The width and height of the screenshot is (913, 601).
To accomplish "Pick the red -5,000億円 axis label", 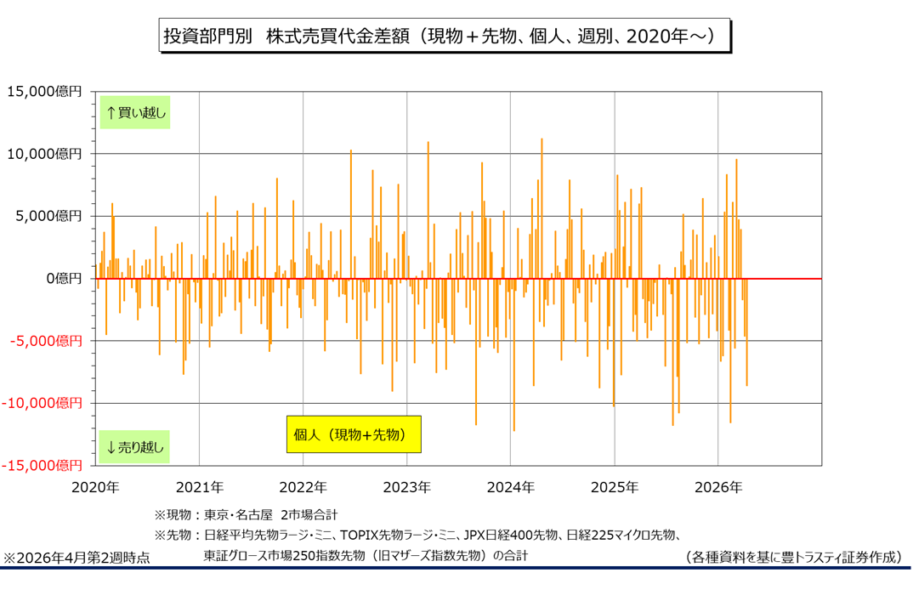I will point(44,341).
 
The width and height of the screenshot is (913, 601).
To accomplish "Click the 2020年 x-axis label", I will point(95,487).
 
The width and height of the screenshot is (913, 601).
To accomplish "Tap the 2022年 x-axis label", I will point(303,487).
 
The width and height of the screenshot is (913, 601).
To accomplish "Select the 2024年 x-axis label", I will point(510,487).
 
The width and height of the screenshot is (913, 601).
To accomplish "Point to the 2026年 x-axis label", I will point(718,487).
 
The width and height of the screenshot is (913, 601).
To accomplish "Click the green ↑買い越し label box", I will point(135,112).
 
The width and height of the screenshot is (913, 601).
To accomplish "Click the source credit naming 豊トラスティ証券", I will point(792,557).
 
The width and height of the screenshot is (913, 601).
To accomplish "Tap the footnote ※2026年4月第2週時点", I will point(77,558).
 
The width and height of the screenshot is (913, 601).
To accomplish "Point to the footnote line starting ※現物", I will point(246,514).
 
